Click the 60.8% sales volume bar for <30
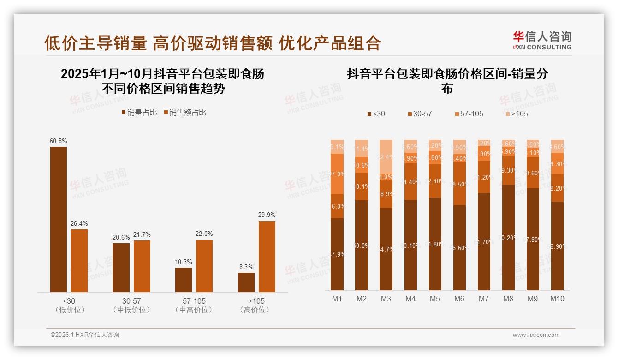pos(59,219)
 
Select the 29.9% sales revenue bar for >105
pos(267,256)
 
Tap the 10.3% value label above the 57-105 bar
pos(184,262)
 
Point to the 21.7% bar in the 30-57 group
pos(142,266)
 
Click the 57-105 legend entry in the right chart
pos(469,114)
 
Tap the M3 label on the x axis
pos(386,299)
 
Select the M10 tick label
pos(557,299)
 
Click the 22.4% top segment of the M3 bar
pos(386,156)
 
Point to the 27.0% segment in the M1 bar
pos(337,174)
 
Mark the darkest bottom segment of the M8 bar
pos(508,237)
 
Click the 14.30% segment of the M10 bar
pos(557,164)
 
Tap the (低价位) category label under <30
pos(70,310)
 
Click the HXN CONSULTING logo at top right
pos(542,41)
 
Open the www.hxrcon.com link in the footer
pos(536,335)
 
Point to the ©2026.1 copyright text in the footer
pos(84,335)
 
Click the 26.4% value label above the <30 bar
pos(79,224)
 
